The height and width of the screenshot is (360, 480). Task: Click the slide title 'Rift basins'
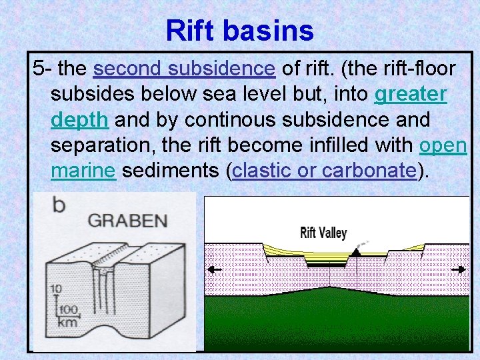click(x=239, y=30)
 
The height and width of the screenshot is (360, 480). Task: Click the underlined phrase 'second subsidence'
click(x=184, y=69)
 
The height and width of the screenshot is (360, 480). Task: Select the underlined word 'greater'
click(x=411, y=95)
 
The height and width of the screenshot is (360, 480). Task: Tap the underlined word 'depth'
click(x=79, y=120)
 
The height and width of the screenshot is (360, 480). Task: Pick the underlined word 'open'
click(x=443, y=145)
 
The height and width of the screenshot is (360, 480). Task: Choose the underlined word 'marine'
click(x=84, y=171)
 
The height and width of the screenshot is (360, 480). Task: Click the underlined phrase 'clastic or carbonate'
click(x=325, y=171)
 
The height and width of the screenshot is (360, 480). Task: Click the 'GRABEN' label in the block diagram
click(x=119, y=221)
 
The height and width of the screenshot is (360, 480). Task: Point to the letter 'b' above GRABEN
click(x=59, y=205)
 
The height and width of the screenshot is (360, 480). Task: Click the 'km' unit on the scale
click(x=67, y=322)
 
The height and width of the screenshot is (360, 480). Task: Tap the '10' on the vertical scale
click(x=55, y=289)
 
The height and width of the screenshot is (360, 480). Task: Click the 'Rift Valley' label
click(x=323, y=233)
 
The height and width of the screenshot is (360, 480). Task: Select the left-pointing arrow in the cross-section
click(x=214, y=269)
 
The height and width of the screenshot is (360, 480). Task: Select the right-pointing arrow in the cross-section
click(x=459, y=269)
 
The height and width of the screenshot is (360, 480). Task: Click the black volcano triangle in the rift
click(x=357, y=252)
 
